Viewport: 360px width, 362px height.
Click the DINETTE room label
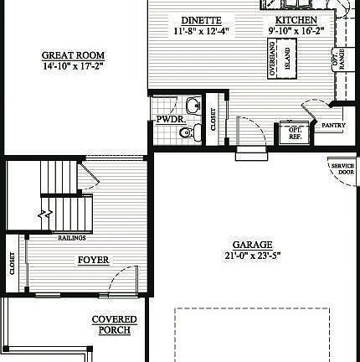tap(201, 19)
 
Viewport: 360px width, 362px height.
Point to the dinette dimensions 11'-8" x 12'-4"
tap(201, 31)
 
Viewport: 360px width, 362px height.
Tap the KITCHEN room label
tap(296, 19)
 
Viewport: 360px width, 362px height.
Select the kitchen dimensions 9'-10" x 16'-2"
tap(296, 31)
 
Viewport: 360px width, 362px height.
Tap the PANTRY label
tap(334, 126)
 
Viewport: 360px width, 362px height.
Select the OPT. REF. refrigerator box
tap(295, 132)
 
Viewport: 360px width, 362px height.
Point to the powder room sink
tap(193, 106)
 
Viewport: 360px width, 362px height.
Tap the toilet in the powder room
tap(189, 132)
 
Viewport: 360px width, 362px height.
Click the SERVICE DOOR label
tap(342, 168)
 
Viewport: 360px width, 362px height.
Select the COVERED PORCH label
tap(115, 324)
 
